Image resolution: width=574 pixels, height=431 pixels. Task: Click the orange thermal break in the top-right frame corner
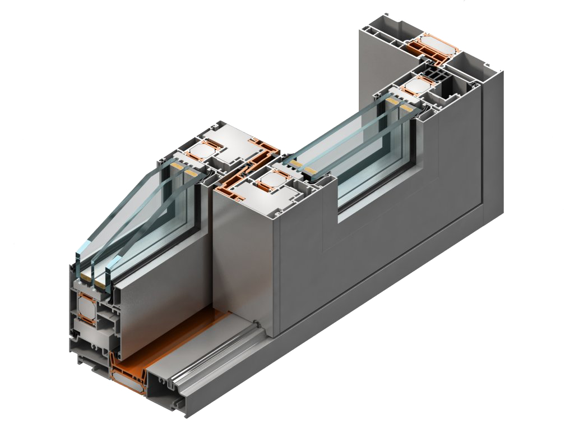point(432,51)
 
